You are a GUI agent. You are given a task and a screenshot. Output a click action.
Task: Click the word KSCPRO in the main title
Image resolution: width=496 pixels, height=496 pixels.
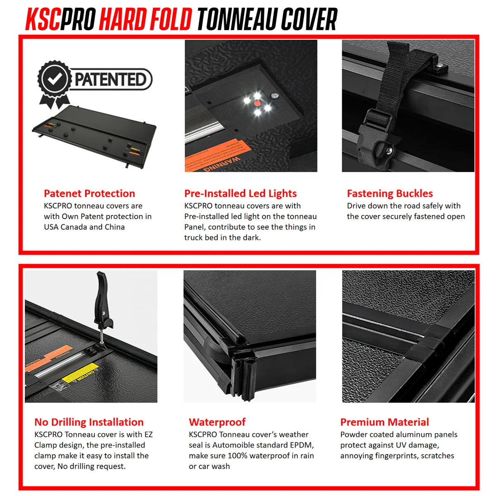coord(60,19)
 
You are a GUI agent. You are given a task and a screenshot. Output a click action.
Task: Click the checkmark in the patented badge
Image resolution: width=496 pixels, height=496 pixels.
coord(54,79)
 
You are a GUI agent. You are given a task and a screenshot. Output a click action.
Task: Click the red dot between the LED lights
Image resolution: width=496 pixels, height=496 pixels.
coord(257,103)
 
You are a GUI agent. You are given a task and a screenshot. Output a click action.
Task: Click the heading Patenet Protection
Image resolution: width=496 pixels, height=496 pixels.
coord(89,193)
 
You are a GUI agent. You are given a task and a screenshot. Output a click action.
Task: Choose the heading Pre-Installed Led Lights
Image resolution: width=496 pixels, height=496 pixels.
coord(240,193)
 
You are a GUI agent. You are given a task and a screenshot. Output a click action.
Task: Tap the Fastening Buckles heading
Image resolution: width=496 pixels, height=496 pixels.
coord(390,193)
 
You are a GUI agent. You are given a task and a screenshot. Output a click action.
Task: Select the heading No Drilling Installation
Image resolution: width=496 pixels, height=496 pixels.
coord(89,422)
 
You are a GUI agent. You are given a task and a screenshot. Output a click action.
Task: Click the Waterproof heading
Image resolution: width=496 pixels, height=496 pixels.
coord(217,422)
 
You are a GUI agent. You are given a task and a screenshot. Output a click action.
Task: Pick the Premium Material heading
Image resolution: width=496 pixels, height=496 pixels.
coord(384,422)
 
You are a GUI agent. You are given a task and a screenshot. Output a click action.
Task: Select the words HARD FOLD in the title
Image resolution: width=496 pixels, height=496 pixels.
coord(145,19)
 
